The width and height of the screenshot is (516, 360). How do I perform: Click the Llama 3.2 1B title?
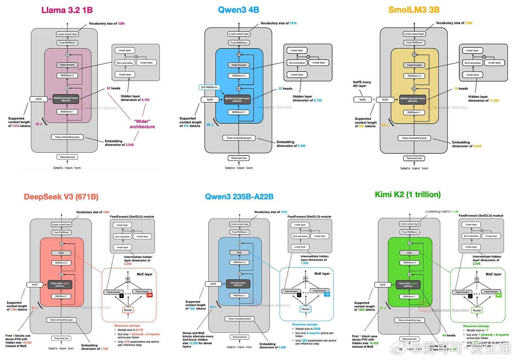coord(67,10)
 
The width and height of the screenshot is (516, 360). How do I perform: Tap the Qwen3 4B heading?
coord(239,10)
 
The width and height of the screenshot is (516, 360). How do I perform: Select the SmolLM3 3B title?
coord(414,10)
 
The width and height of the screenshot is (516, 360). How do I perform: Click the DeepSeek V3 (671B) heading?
coord(61,197)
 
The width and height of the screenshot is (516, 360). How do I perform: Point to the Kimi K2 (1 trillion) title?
coord(408,194)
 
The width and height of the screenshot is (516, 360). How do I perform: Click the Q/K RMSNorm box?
coord(209,87)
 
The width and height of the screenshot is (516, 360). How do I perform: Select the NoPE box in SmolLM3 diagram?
coord(363,100)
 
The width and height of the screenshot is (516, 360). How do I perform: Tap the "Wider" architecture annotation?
coord(142,124)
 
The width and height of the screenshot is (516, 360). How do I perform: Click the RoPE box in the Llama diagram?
coord(39,99)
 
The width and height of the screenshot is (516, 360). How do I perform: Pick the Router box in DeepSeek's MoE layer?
coord(128,310)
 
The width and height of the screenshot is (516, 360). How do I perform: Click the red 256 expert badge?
coord(150,295)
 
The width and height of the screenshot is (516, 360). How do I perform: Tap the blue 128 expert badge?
coord(327,294)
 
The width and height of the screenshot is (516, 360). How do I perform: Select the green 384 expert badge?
coord(499,295)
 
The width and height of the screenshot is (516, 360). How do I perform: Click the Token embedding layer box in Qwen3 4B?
coord(239,138)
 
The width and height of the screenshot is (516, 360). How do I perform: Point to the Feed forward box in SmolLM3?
coord(414,65)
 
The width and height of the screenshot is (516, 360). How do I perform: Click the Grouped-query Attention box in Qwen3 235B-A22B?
coord(238,284)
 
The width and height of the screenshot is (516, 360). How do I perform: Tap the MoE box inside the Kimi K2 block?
coord(409,253)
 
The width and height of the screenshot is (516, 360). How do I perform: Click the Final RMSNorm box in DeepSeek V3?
coord(61,232)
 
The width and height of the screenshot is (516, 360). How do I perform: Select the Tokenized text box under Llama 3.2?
coord(67,157)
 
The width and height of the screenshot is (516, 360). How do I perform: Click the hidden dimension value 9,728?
coord(318,100)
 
